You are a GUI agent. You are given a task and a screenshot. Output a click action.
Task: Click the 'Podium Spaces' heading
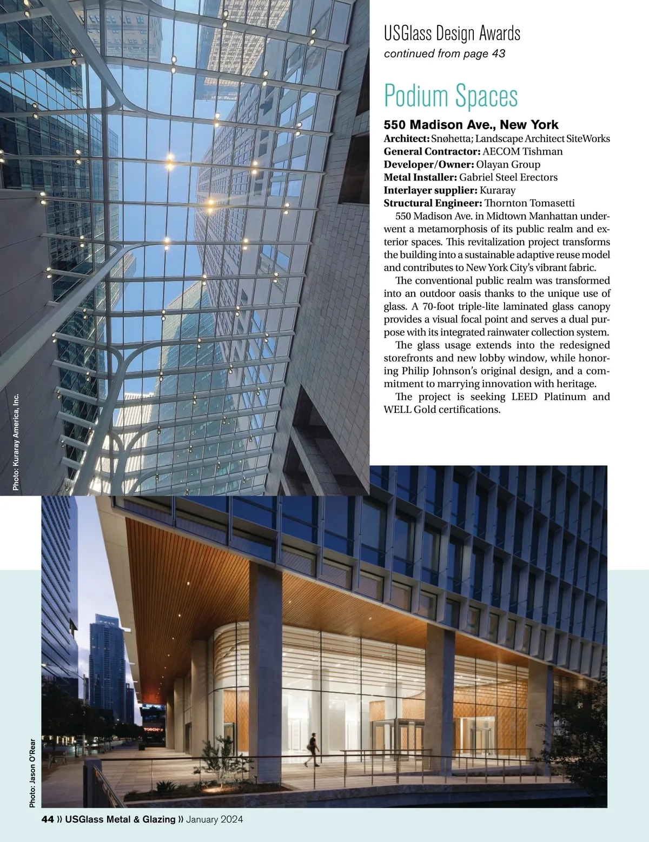click(451, 96)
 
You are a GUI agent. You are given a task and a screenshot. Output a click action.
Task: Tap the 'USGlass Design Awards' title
click(452, 34)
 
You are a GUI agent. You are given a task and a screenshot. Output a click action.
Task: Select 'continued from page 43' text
click(445, 54)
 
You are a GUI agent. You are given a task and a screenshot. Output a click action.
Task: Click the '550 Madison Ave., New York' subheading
click(471, 125)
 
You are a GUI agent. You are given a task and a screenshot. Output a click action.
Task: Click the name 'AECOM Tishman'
click(522, 152)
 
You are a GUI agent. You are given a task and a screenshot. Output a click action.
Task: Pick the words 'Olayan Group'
click(508, 164)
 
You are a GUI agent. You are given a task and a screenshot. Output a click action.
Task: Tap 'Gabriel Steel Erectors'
click(508, 177)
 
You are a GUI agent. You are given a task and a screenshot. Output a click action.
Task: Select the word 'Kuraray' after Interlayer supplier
click(498, 190)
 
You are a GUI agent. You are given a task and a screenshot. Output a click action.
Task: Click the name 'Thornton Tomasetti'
click(529, 203)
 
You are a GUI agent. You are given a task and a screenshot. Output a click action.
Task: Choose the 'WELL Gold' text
click(409, 410)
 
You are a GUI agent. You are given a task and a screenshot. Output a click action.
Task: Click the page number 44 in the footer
click(48, 819)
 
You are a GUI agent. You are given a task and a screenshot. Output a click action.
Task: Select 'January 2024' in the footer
click(214, 819)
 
